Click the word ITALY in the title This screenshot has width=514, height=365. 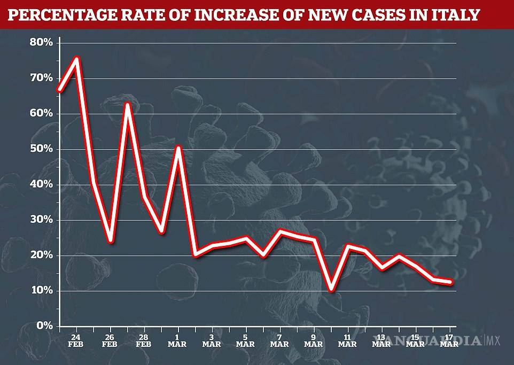(454, 14)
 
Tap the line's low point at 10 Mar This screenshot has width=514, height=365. (331, 289)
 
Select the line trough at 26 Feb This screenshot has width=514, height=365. (111, 240)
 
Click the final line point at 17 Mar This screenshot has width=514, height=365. (451, 282)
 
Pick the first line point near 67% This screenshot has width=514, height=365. (59, 90)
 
